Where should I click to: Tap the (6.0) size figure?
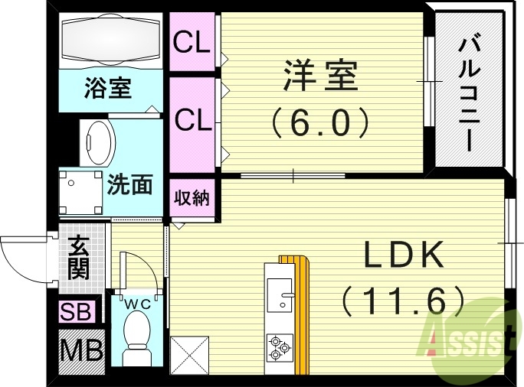click(x=321, y=121)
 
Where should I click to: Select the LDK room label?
click(x=404, y=254)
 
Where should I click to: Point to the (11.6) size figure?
click(x=404, y=300)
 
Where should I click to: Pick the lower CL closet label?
click(x=192, y=119)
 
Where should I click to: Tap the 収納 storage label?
click(x=192, y=198)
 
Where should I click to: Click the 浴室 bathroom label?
click(x=108, y=88)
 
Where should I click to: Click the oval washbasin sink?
click(x=97, y=141)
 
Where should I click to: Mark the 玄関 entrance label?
click(x=78, y=258)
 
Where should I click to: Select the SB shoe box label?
click(x=77, y=312)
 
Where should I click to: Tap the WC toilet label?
click(x=137, y=304)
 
